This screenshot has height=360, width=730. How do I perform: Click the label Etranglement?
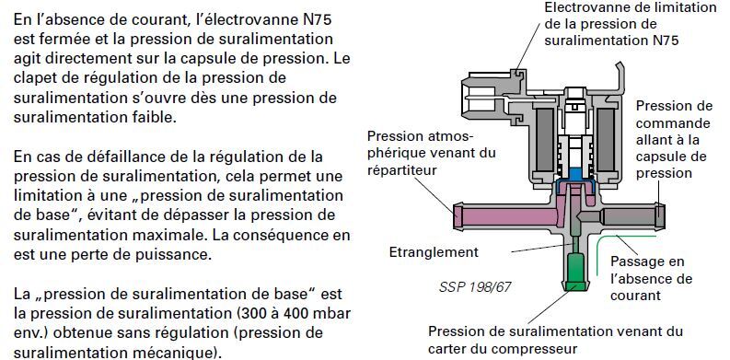tap(434, 252)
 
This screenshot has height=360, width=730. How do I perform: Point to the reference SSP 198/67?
tap(474, 286)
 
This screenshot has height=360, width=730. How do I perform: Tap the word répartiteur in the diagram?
tap(401, 170)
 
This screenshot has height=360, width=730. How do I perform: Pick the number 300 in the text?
tap(253, 312)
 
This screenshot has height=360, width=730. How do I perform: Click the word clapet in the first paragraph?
tap(34, 77)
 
